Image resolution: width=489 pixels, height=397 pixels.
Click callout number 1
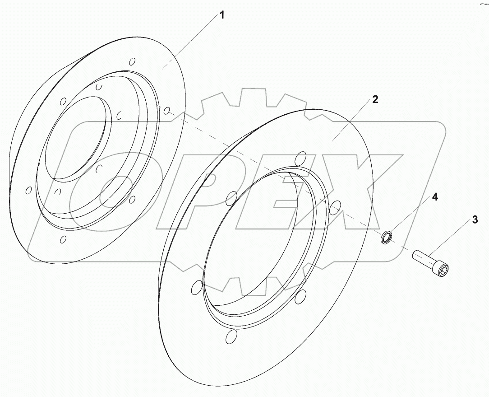[x=221, y=15]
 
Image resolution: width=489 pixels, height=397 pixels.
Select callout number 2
[x=375, y=100]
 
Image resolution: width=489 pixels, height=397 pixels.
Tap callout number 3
[x=475, y=220]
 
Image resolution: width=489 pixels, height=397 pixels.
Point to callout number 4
[x=434, y=197]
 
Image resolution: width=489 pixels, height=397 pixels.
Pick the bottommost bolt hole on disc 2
[x=231, y=336]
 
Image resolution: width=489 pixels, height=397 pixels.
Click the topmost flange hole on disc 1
[x=132, y=61]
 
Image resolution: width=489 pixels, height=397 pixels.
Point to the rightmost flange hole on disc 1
[x=166, y=111]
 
